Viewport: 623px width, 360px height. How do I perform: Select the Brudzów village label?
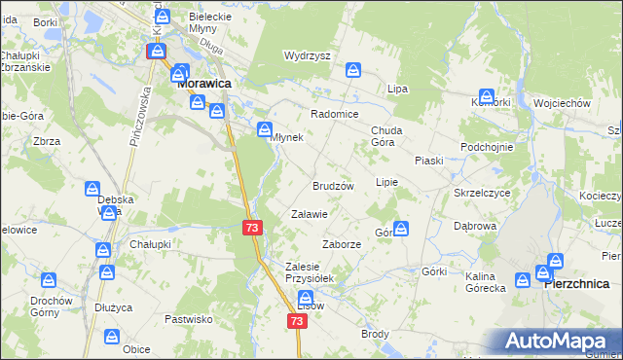(332, 185)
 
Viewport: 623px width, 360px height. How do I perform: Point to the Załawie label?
(310, 213)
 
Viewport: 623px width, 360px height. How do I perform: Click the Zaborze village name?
(342, 244)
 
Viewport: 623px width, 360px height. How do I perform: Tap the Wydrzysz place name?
(308, 55)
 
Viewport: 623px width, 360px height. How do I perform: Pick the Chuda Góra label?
(387, 135)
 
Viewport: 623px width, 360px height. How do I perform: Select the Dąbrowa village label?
(475, 226)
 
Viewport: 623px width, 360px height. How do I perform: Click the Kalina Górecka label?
(485, 281)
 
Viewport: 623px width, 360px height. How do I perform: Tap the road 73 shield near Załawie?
(252, 227)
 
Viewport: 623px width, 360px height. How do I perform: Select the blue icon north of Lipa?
(354, 70)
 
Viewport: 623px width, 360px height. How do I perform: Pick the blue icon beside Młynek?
(264, 128)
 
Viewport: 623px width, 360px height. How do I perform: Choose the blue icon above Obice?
(113, 336)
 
